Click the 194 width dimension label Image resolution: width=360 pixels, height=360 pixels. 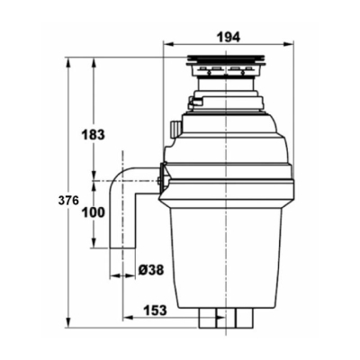229,38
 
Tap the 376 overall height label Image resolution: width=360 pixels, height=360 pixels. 68,201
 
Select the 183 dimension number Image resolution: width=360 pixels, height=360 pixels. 94,135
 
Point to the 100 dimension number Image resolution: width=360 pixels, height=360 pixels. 94,212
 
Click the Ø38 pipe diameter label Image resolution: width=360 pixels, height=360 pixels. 151,271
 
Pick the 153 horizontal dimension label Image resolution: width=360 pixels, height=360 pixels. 154,310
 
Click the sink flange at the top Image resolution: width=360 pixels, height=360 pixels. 226,60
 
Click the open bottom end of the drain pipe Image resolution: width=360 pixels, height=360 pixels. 122,247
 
